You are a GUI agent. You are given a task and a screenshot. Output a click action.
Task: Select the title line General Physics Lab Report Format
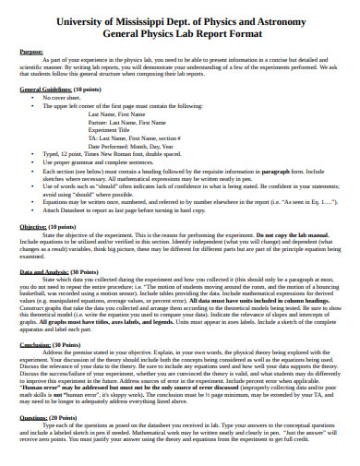[180, 32]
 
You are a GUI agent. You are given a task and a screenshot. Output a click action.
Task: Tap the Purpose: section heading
[32, 53]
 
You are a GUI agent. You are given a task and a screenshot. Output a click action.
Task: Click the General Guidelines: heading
[47, 89]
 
